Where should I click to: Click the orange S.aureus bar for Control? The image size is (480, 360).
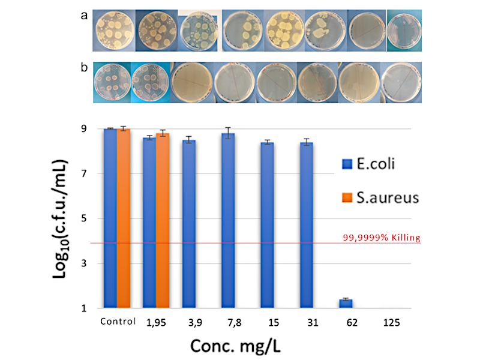click(x=123, y=219)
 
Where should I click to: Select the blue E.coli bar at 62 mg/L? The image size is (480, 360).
click(x=346, y=304)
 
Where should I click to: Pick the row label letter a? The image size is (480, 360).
click(x=85, y=16)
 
